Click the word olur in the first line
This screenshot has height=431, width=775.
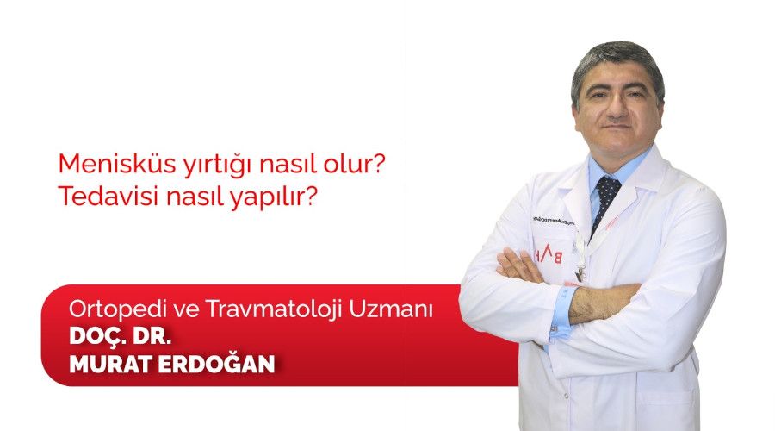[x=354, y=163]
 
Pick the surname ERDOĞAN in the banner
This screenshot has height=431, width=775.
[x=224, y=363]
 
